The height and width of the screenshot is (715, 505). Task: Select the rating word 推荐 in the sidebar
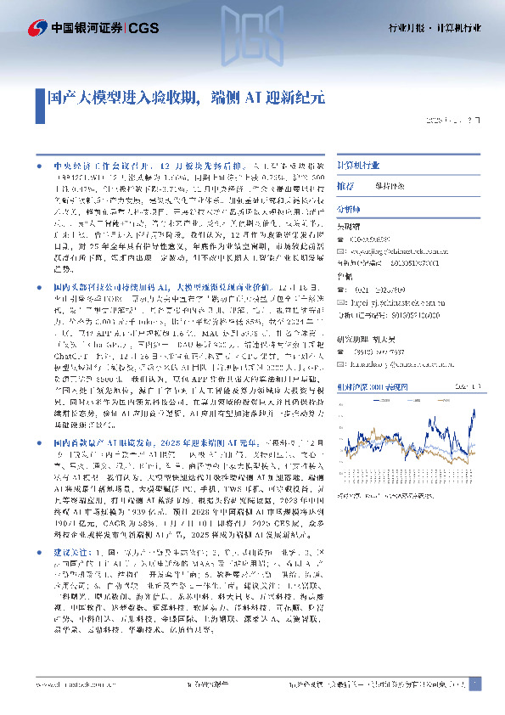coord(345,185)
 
